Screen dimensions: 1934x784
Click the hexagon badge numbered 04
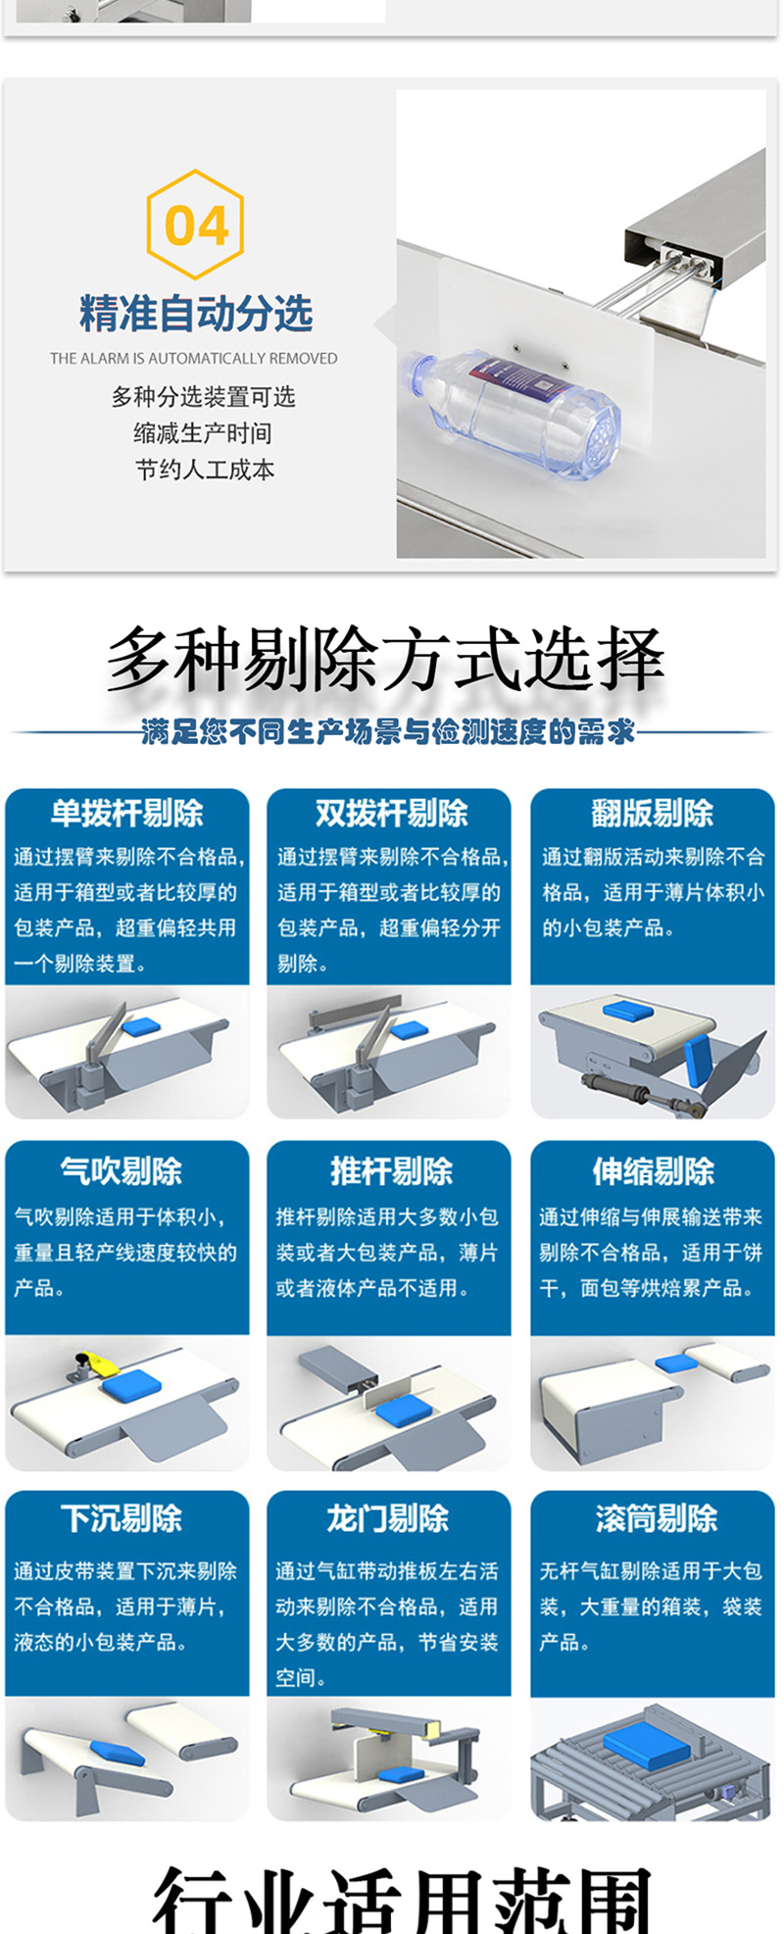(195, 224)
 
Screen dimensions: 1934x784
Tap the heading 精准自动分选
(196, 314)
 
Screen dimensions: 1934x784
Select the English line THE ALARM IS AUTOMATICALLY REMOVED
(194, 359)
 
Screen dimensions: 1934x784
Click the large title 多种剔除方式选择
(385, 660)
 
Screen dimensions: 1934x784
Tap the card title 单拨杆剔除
(127, 813)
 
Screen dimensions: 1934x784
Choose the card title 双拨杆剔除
(391, 813)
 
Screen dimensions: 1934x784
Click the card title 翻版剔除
(653, 813)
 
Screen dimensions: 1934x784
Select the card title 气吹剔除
(122, 1170)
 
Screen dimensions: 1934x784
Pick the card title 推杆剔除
(391, 1170)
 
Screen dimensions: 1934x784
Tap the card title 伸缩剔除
(653, 1170)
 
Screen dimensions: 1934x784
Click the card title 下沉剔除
(122, 1518)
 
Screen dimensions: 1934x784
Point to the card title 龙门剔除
(387, 1518)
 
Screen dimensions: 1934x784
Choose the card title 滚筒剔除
(656, 1518)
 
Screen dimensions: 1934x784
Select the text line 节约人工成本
(205, 470)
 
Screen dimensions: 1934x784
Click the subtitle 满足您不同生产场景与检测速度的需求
(388, 731)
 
